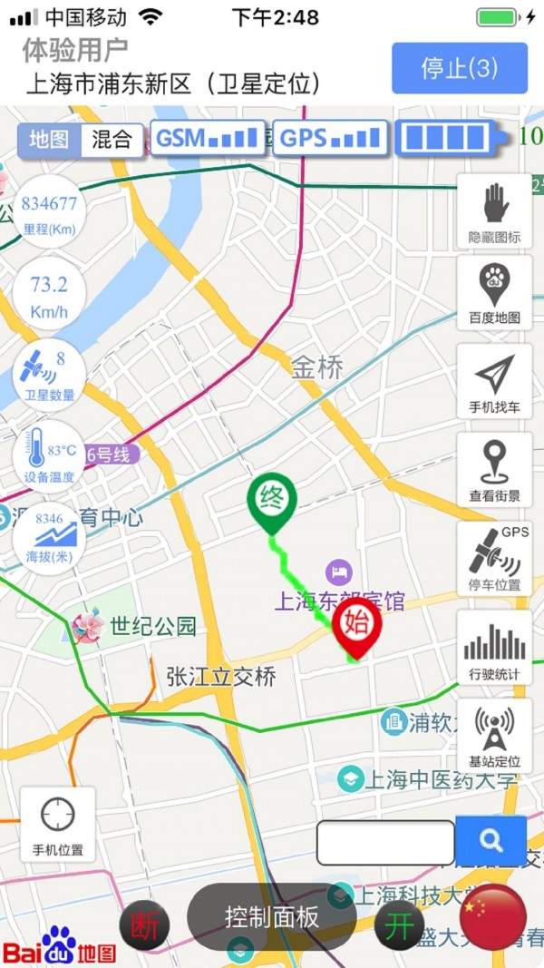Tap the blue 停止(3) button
coord(460,68)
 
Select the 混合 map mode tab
coord(112,140)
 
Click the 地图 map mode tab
coord(50,140)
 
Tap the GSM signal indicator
coord(208,139)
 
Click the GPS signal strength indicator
coord(330,139)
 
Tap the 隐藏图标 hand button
coord(494,211)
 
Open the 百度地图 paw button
coord(494,291)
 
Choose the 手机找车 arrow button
coord(494,380)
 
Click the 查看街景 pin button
coord(494,469)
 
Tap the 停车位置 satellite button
coord(494,558)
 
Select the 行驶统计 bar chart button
coord(494,647)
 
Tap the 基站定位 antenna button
coord(494,736)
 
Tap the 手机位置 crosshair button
coord(58,823)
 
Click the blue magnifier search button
coord(491,841)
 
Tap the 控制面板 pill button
coord(272,916)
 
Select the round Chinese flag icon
coord(493,916)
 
